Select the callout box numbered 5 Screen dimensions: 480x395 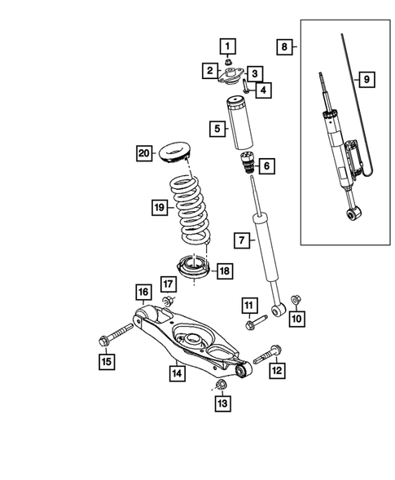216,128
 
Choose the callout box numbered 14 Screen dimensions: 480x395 175,374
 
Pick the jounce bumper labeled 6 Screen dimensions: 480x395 247,170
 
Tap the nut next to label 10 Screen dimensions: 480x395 295,299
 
